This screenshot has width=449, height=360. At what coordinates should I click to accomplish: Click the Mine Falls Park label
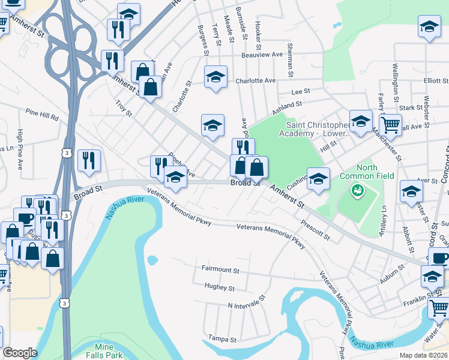108,351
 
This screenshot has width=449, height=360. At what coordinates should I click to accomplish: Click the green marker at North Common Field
358,190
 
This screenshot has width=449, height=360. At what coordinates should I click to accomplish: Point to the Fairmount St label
220,270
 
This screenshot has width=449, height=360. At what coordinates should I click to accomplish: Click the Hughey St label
219,288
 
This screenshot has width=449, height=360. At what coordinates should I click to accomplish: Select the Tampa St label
222,339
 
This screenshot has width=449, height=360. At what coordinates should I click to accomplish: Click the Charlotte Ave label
255,80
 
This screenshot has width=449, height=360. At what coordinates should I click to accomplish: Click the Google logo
20,353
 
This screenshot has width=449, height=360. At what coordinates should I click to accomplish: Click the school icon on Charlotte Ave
215,77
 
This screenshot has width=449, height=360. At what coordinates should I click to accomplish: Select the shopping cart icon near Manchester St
391,125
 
